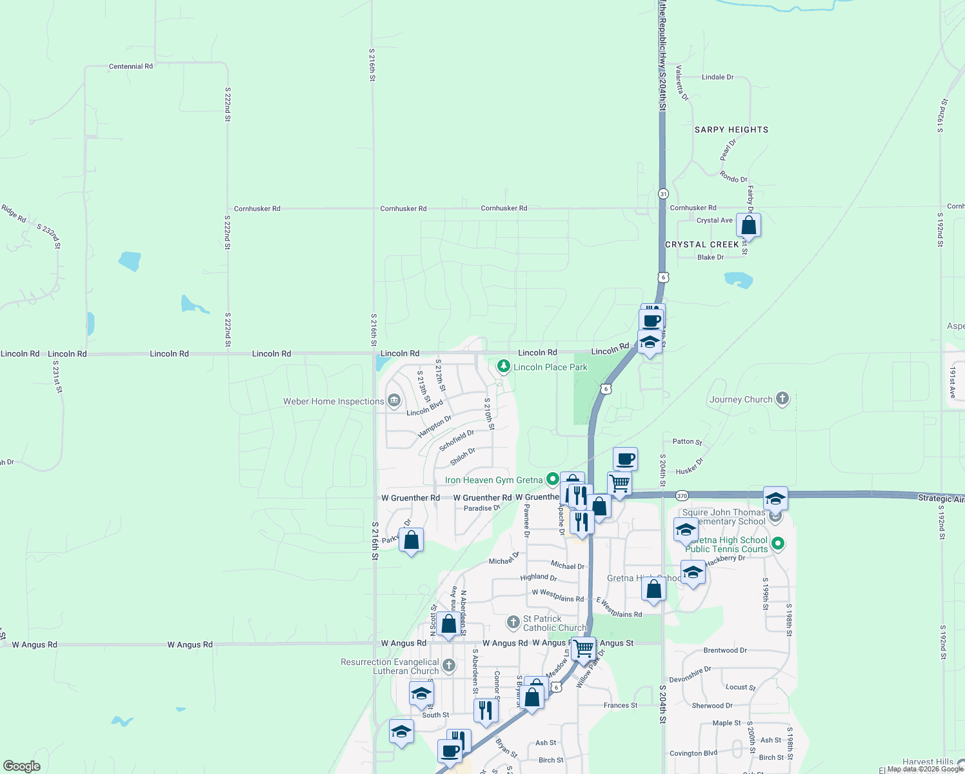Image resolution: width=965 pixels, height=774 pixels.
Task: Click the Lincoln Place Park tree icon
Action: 504,366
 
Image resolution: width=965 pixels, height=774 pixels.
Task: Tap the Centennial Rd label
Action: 131,66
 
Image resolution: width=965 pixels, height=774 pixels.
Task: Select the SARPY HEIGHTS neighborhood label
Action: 731,130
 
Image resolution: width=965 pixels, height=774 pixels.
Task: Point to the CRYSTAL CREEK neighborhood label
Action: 702,244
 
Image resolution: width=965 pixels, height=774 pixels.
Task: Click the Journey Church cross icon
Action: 782,399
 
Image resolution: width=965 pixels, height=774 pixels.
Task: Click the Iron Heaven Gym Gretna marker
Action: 552,479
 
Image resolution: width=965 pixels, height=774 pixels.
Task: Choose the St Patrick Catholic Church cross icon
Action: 513,622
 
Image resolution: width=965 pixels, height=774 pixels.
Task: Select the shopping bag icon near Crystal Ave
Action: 748,226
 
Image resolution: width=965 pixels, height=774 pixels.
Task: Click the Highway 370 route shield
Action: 682,495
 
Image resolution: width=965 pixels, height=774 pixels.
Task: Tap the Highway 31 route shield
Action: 663,193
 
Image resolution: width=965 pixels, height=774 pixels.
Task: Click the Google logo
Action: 21,766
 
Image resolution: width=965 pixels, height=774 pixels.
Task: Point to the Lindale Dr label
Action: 717,77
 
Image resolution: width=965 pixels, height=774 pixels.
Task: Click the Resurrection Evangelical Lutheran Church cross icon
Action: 449,666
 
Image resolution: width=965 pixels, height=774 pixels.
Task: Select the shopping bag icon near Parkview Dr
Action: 411,540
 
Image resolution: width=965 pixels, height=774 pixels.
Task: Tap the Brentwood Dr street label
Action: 725,650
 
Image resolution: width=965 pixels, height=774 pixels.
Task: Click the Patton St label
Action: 687,442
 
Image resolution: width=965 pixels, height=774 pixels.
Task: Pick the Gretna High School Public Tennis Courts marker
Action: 777,544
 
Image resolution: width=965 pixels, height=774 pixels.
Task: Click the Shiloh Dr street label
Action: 463,457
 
